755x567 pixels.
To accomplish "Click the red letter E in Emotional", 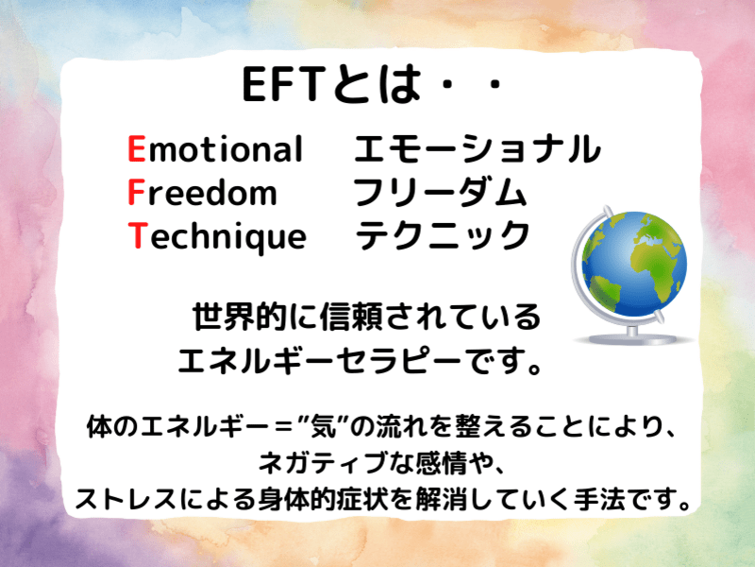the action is click(137, 148).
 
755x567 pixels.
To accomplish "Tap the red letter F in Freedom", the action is click(136, 192).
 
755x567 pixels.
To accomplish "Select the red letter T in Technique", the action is click(137, 235).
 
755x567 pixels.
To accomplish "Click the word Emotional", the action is click(215, 148).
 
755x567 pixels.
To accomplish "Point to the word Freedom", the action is click(203, 192).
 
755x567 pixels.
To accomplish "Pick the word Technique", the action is click(217, 237).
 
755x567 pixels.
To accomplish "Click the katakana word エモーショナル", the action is click(478, 148).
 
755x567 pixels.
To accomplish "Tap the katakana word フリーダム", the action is click(440, 193).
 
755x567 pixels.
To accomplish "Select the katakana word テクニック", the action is click(443, 235).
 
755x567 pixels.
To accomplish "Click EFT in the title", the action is click(282, 85).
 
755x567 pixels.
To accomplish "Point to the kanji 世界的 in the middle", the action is click(240, 317).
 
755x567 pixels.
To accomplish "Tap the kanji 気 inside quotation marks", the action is click(323, 427).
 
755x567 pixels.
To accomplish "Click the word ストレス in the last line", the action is click(126, 499).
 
